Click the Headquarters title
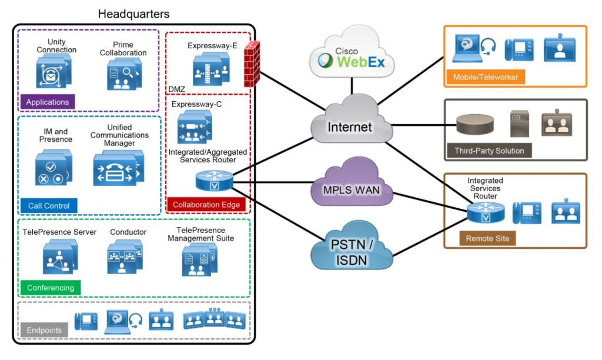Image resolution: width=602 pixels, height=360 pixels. click(x=133, y=13)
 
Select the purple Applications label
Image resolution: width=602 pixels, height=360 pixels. click(x=48, y=102)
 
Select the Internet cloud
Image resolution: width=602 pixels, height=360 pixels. click(x=351, y=125)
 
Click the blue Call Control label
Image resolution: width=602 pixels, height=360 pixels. click(x=49, y=205)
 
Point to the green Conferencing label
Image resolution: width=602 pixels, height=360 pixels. click(x=51, y=288)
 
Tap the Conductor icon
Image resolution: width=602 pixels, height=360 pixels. click(x=125, y=257)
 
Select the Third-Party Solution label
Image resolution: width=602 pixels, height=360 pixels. click(x=489, y=151)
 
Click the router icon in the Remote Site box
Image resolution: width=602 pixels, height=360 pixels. click(x=486, y=212)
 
